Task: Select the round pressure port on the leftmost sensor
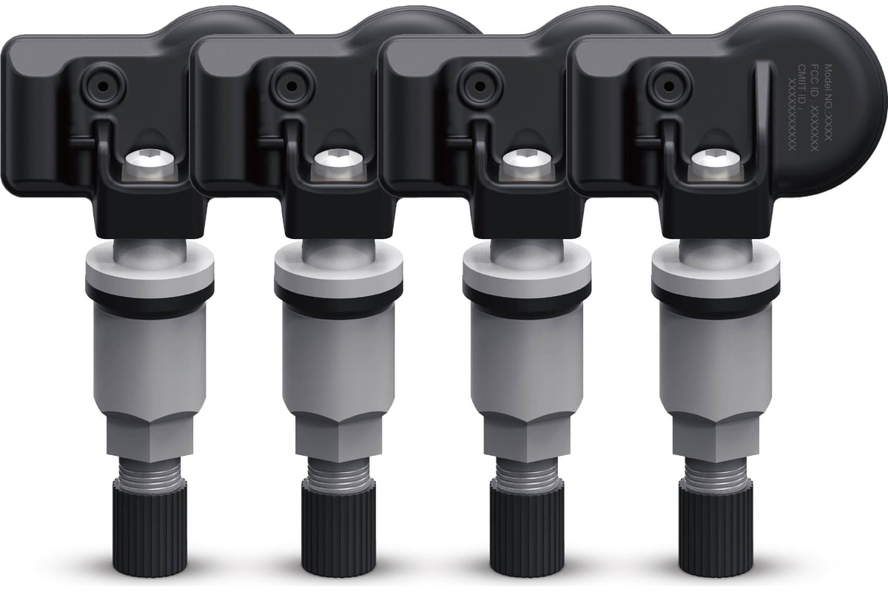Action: (x=102, y=87)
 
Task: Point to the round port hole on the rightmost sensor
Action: (x=669, y=87)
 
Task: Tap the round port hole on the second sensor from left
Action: (x=291, y=87)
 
